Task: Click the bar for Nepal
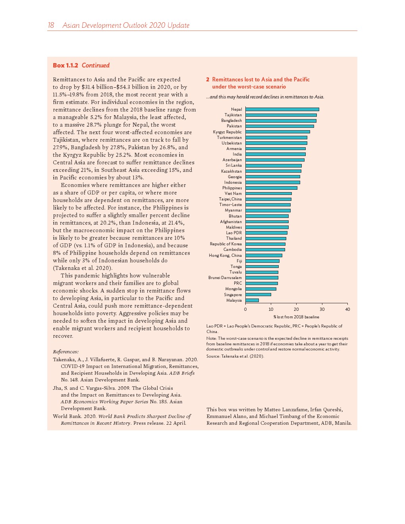click(x=282, y=109)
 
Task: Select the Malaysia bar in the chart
click(x=252, y=300)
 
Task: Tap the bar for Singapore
click(x=258, y=295)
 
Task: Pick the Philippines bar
click(x=271, y=188)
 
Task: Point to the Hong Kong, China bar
click(x=264, y=255)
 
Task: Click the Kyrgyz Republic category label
click(x=227, y=132)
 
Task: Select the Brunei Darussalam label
click(x=225, y=277)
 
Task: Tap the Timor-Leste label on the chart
click(x=230, y=204)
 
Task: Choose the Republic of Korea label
click(x=226, y=244)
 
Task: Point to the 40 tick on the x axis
click(x=347, y=309)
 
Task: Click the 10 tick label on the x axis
click(x=271, y=309)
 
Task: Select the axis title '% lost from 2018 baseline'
click(x=296, y=317)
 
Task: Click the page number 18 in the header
click(x=51, y=25)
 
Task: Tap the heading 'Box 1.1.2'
click(x=66, y=65)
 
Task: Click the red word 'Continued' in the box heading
click(x=96, y=65)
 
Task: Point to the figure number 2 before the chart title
click(x=208, y=79)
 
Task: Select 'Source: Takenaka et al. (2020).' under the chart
click(x=235, y=356)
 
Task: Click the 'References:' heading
click(x=66, y=352)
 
